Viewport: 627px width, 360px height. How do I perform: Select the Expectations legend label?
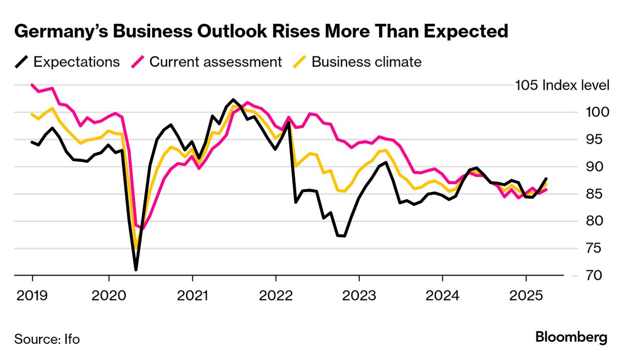click(77, 62)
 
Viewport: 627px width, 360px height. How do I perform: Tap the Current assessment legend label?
click(216, 62)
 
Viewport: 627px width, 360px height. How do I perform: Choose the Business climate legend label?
click(366, 62)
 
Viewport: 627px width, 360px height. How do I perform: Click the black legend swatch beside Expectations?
click(21, 62)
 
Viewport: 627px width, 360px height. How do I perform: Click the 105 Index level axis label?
click(562, 85)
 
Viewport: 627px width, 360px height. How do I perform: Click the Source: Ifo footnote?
click(47, 339)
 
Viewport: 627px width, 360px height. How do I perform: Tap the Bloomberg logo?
click(571, 337)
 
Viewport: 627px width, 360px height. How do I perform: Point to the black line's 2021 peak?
click(233, 99)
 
